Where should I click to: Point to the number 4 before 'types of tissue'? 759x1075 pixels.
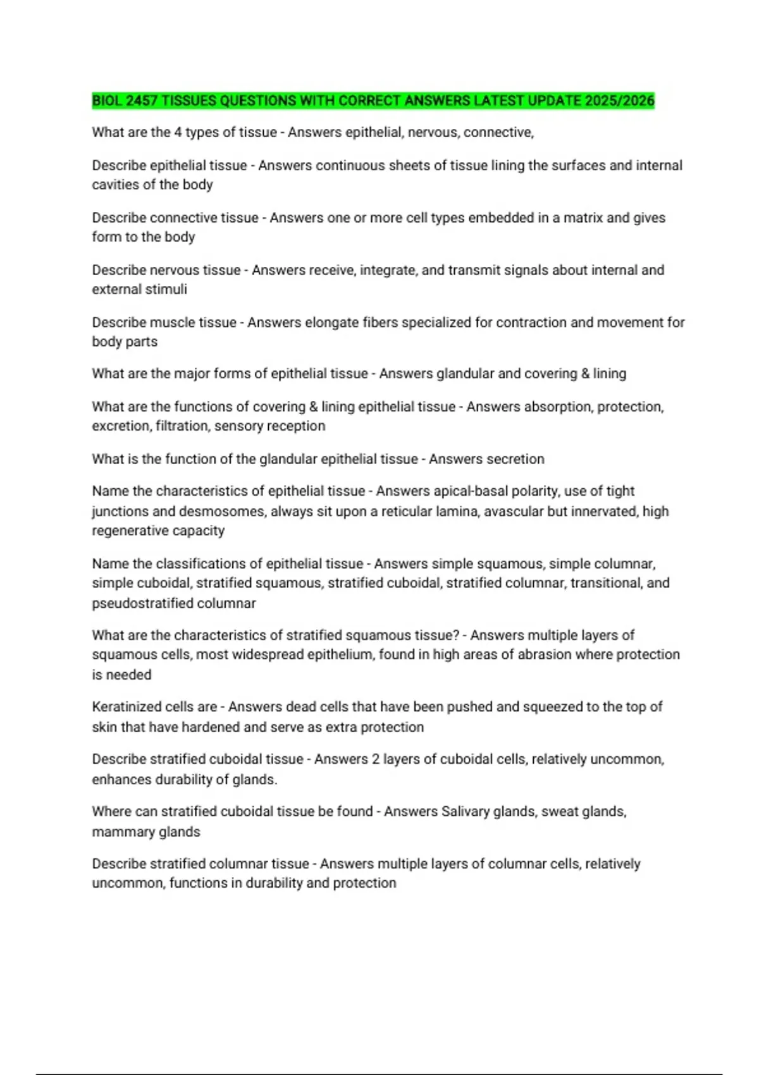click(x=178, y=132)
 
